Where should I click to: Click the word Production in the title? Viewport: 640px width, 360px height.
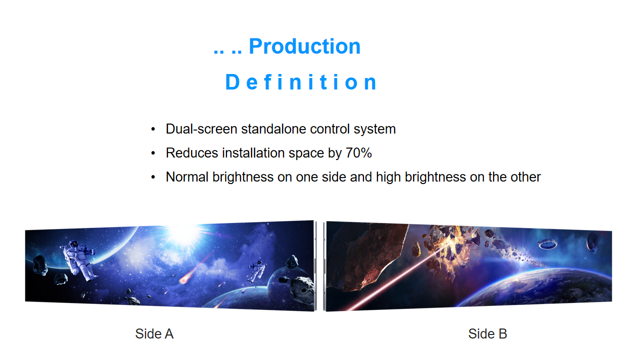tap(304, 46)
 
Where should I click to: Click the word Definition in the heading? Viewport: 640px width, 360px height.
tap(301, 82)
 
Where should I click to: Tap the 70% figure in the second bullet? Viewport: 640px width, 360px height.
tap(358, 153)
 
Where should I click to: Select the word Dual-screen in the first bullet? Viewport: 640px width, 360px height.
tap(201, 129)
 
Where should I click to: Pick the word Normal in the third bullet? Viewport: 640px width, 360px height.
tap(187, 177)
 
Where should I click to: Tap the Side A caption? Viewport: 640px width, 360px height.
tap(154, 333)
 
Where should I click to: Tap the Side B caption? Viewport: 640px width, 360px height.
tap(487, 333)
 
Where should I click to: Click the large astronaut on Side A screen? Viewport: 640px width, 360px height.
tap(79, 260)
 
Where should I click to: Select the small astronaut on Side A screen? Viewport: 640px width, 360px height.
tap(256, 270)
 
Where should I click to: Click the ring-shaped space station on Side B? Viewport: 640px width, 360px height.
tap(547, 243)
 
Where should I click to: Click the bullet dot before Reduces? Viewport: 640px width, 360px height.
tap(153, 153)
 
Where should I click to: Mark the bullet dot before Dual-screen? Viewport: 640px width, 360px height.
tap(153, 129)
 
